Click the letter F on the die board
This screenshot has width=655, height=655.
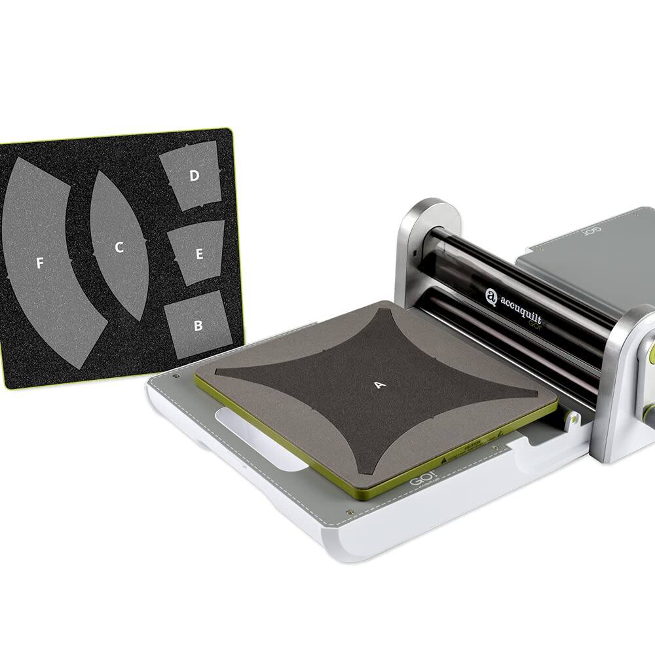point(40,263)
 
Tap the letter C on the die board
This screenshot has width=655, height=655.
point(119,247)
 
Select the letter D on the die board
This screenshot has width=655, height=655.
point(195,176)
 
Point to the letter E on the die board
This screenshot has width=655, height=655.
point(199,255)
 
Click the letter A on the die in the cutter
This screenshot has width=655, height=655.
point(379,385)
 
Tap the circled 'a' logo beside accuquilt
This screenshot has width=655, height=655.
point(491,297)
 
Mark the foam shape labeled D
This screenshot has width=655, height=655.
point(191,175)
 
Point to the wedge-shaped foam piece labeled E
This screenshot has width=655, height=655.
point(196,252)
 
